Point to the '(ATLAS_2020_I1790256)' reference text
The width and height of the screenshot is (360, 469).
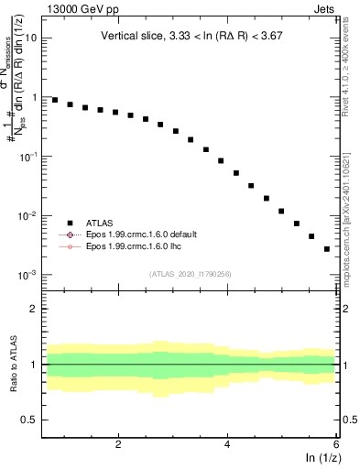coord(191,273)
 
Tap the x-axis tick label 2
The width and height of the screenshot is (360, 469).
coord(118,443)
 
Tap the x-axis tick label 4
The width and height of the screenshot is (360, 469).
coord(227,443)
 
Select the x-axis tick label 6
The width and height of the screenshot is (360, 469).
coord(335,443)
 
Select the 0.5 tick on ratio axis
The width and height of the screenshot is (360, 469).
coord(31,420)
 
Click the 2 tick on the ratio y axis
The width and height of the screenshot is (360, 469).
coord(35,309)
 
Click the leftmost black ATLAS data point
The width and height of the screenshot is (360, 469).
coord(55,100)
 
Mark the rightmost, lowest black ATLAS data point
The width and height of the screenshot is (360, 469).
coord(327,248)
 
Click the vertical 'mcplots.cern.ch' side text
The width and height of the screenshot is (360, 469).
coord(351,229)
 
